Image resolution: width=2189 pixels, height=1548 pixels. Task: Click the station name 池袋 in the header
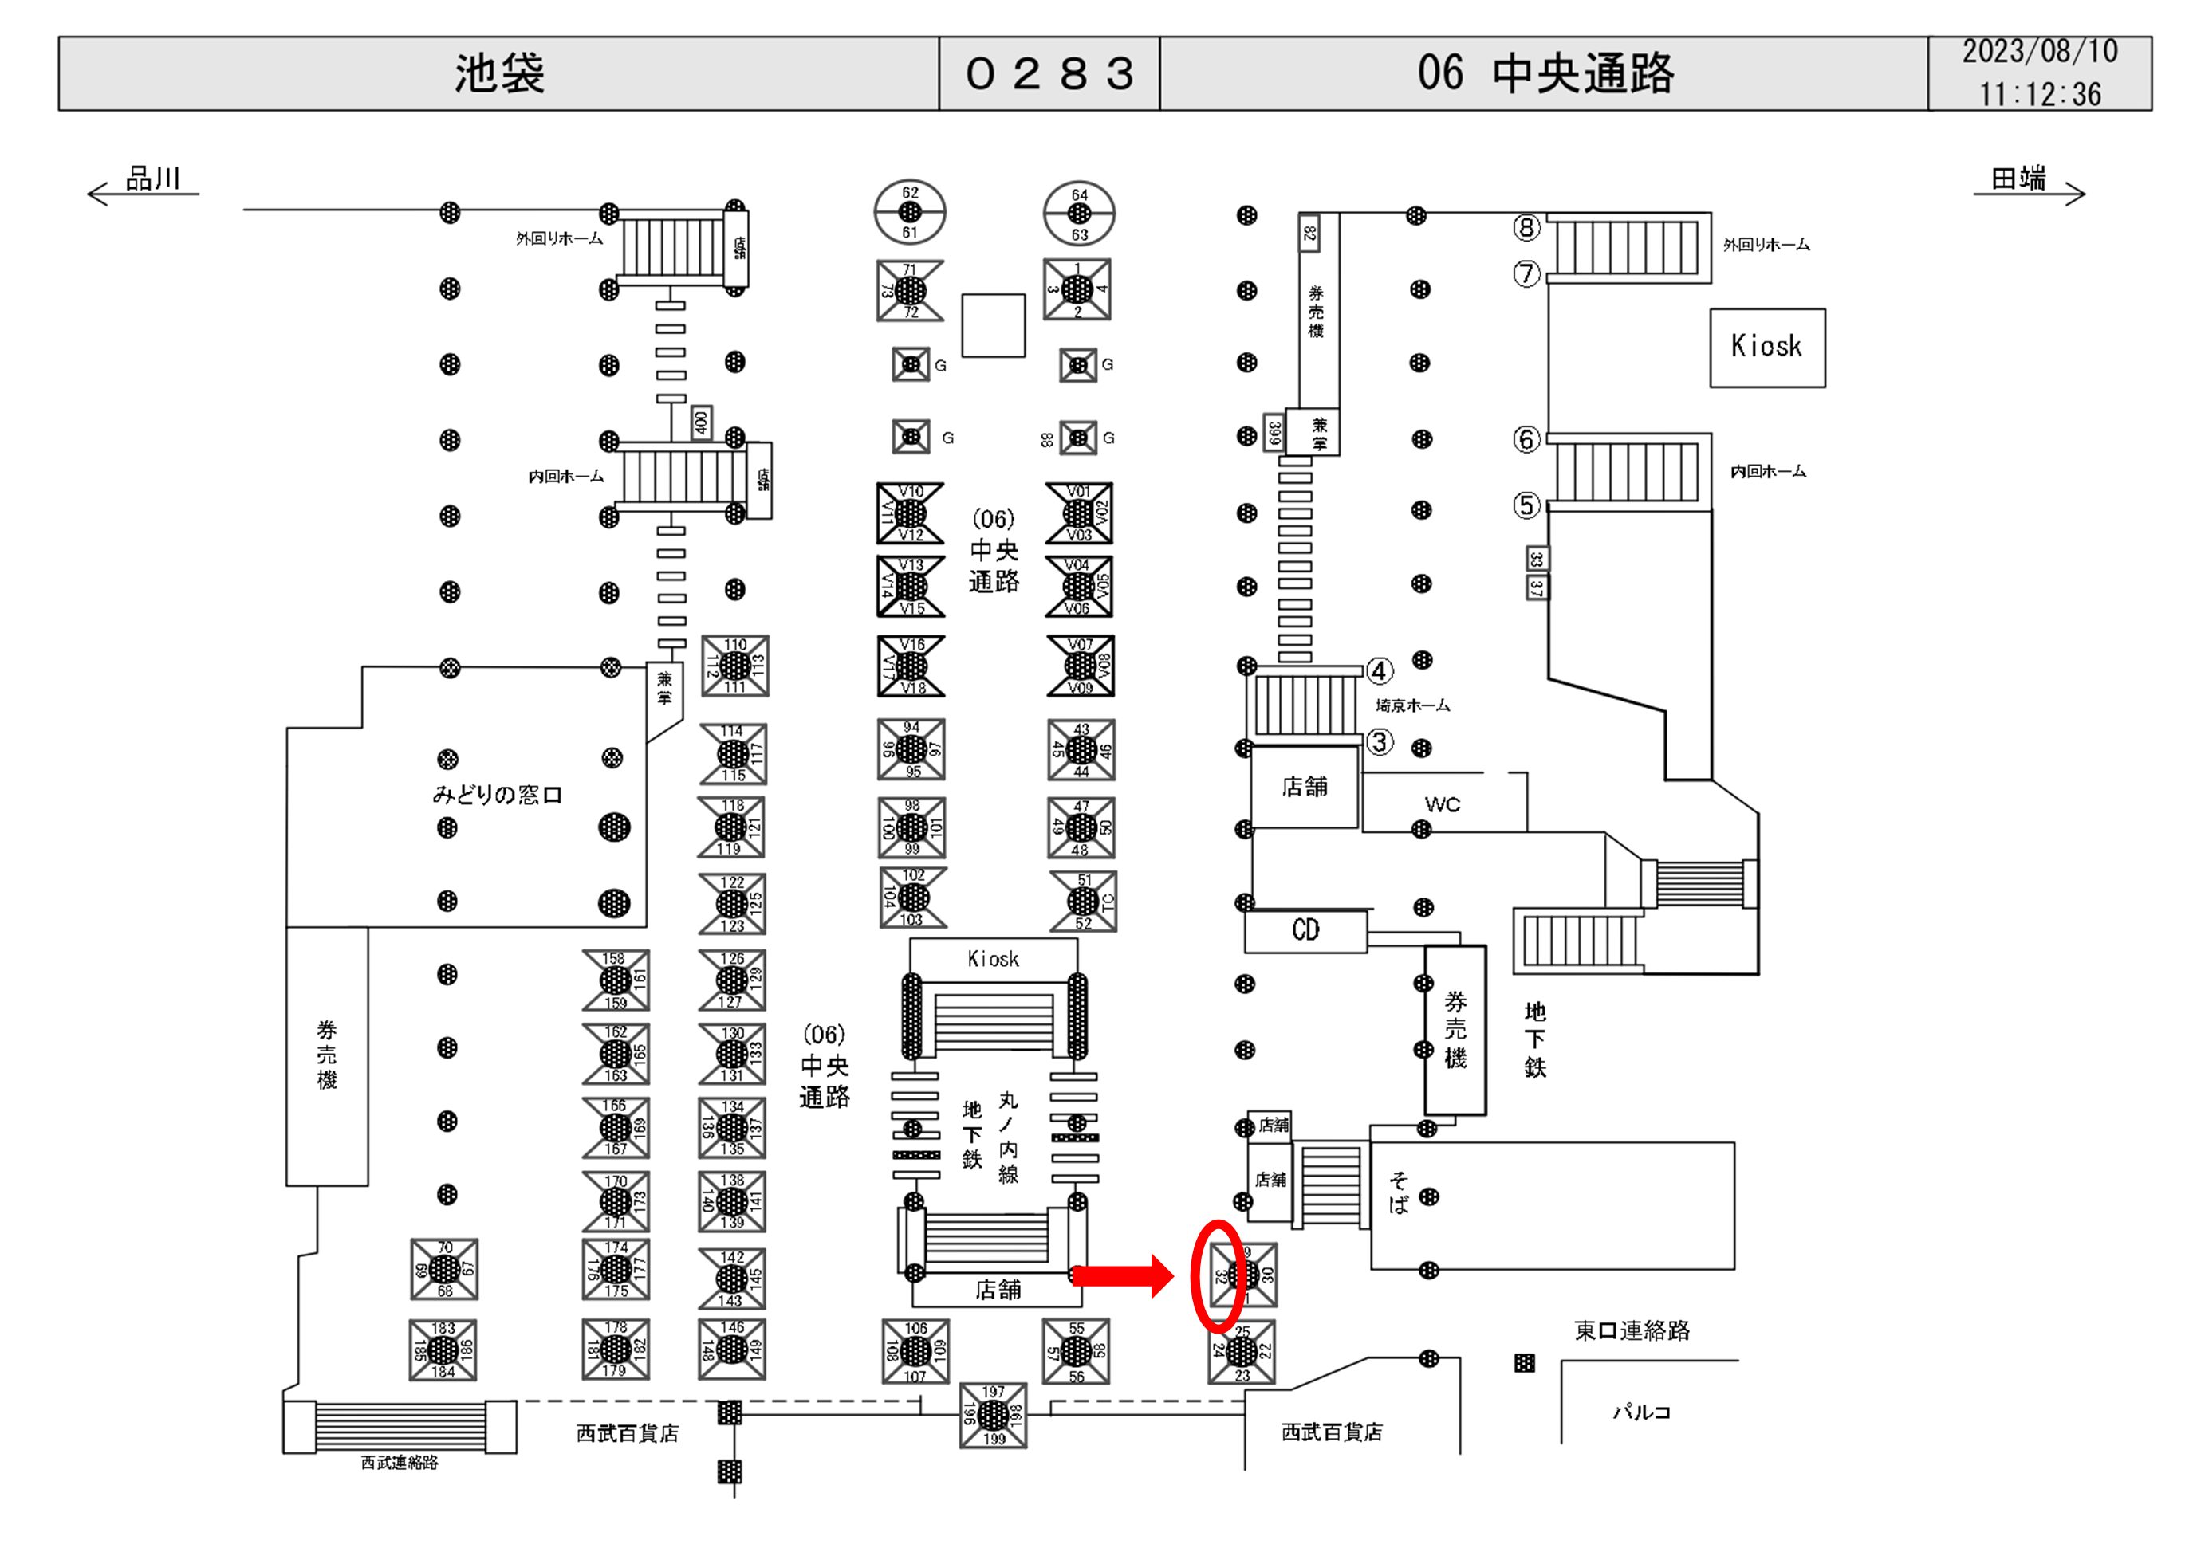coord(498,73)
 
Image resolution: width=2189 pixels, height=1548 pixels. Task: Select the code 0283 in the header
coord(1049,73)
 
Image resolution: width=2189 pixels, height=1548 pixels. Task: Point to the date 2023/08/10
coord(2039,52)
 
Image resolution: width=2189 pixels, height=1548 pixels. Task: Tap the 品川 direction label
coord(152,179)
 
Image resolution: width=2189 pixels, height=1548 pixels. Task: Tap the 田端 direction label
coord(2018,179)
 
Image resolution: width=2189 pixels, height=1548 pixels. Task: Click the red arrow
coord(1122,1275)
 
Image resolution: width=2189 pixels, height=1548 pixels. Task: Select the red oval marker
coord(1219,1275)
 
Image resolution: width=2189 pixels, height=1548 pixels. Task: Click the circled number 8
coord(1526,227)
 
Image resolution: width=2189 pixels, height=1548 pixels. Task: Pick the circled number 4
coord(1379,671)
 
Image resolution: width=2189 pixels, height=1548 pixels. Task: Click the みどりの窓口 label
coord(497,794)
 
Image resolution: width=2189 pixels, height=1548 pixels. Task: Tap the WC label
coord(1442,804)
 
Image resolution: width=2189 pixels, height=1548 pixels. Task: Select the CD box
coord(1305,930)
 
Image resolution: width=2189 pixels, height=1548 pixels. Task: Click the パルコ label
coord(1641,1412)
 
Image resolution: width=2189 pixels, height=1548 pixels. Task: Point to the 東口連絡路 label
coord(1632,1330)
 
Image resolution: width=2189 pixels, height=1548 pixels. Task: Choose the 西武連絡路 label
coord(400,1462)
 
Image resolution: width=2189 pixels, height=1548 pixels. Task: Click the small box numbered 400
coord(701,422)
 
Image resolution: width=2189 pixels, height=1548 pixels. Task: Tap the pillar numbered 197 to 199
coord(993,1415)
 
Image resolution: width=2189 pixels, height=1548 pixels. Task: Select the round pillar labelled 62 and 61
coord(910,211)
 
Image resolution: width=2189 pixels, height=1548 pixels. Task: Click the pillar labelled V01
coord(1078,513)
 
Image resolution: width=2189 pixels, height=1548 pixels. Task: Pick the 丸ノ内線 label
coord(1008,1137)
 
